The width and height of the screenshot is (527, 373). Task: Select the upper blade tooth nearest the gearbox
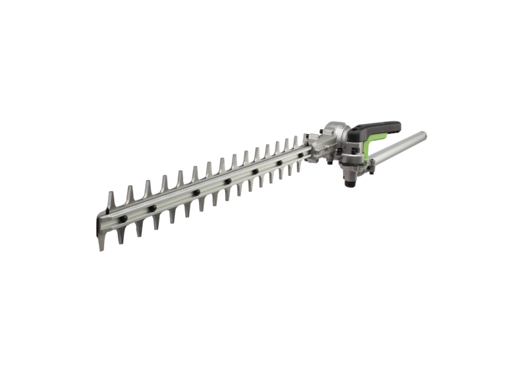tap(304, 140)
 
